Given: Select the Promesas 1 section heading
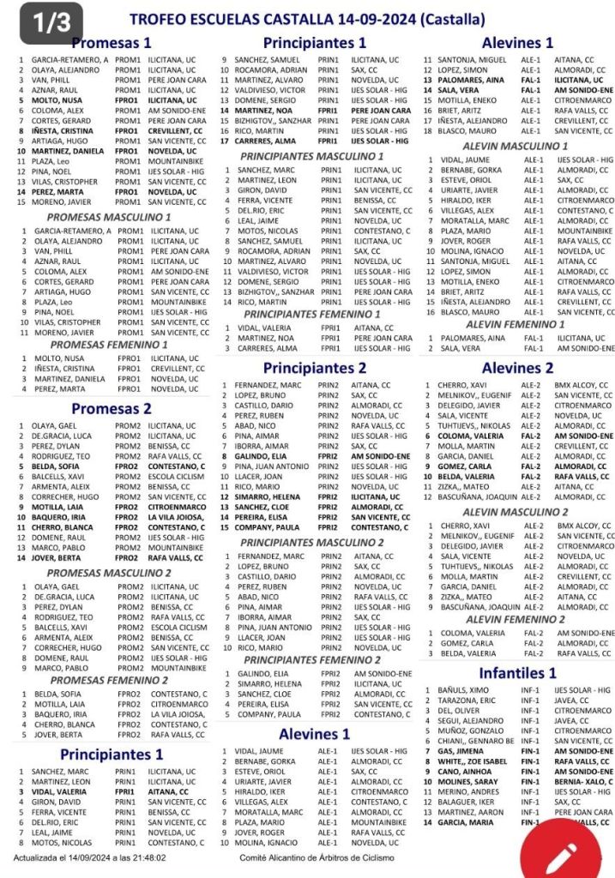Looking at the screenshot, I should point(112,43).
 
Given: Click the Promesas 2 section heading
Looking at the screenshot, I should point(112,409).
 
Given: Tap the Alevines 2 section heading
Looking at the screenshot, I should point(517,368).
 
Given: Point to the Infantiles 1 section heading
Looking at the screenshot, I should point(517,673).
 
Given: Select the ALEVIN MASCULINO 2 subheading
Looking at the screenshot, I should point(515,512).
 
